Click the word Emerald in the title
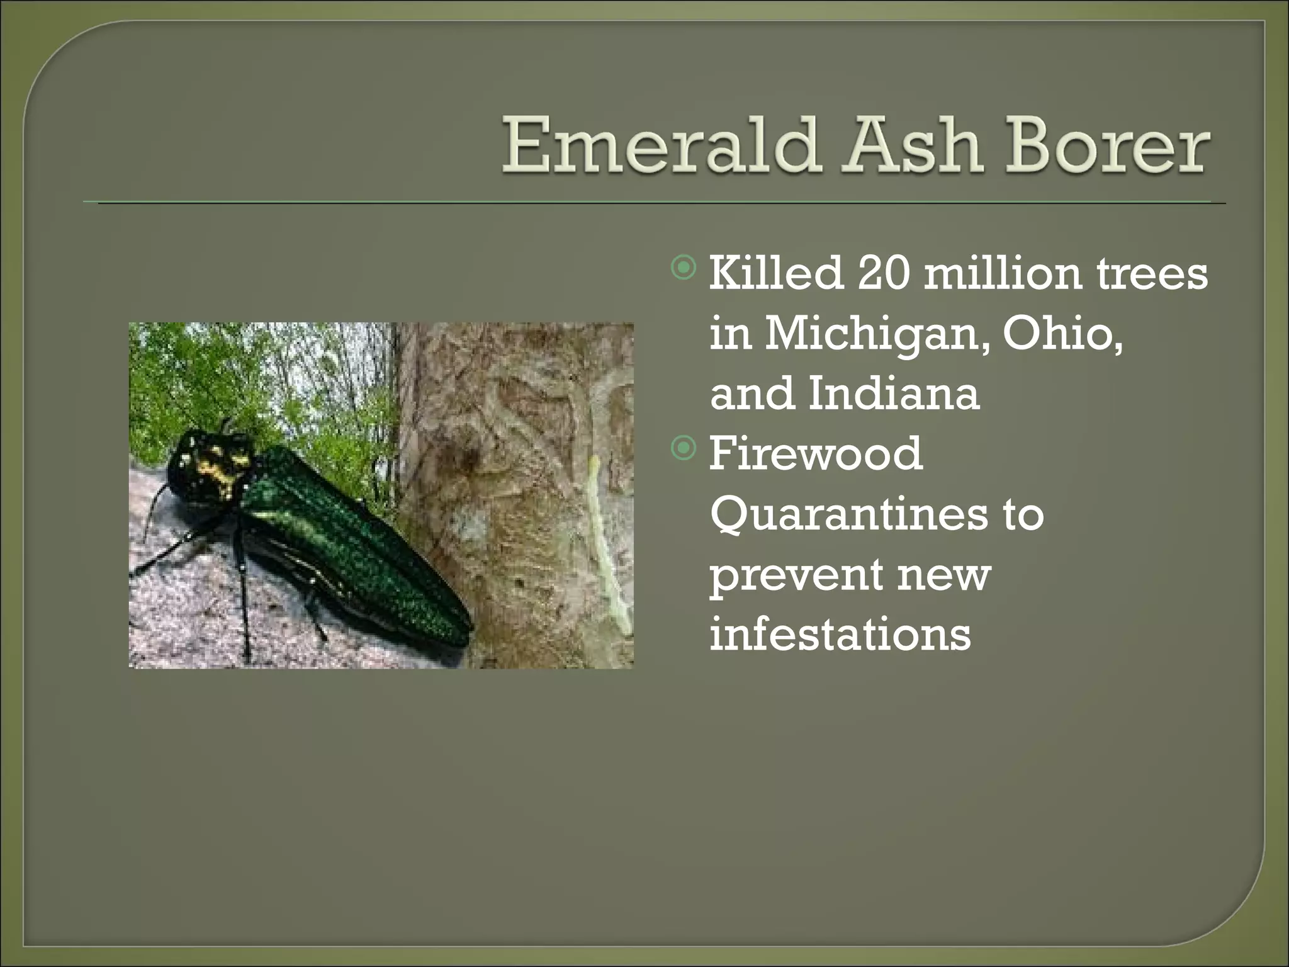coord(661,146)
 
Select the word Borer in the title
coord(1107,146)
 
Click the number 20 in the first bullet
coord(883,273)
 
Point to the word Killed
coord(776,273)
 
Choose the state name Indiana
coord(894,393)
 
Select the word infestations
coord(840,633)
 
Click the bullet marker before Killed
coord(684,268)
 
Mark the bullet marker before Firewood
coord(684,449)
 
